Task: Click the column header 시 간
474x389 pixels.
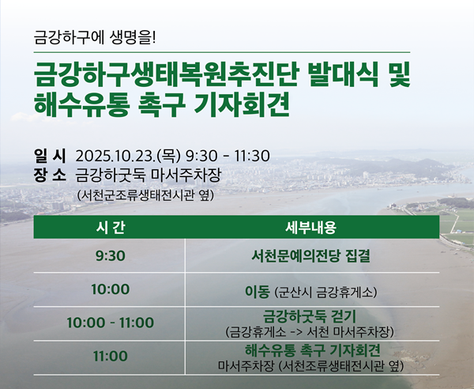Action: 109,227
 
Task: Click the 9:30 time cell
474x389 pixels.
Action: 109,257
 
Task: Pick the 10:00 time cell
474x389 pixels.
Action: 109,289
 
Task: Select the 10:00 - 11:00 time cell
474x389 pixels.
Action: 109,323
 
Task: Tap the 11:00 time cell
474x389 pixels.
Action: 109,357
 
